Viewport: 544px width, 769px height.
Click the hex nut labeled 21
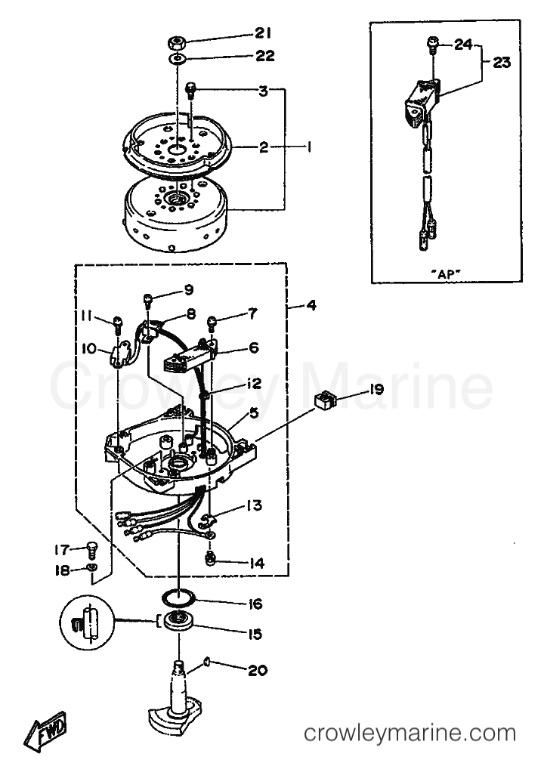pos(176,42)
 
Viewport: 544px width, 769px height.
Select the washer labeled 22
pos(177,60)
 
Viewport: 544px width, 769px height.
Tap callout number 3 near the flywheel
pos(264,91)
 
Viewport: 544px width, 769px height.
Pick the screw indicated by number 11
pos(117,323)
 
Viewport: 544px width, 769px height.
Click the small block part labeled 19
pos(323,401)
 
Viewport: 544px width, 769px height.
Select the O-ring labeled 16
pos(178,598)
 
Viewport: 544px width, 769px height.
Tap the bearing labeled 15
pos(178,622)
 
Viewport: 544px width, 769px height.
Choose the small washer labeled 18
pos(91,568)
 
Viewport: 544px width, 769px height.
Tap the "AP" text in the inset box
pos(447,274)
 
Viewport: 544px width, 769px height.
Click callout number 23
pos(502,62)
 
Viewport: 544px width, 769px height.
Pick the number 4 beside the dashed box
pos(311,305)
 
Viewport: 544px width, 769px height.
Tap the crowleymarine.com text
pos(410,733)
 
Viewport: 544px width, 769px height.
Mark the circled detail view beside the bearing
pos(86,623)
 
